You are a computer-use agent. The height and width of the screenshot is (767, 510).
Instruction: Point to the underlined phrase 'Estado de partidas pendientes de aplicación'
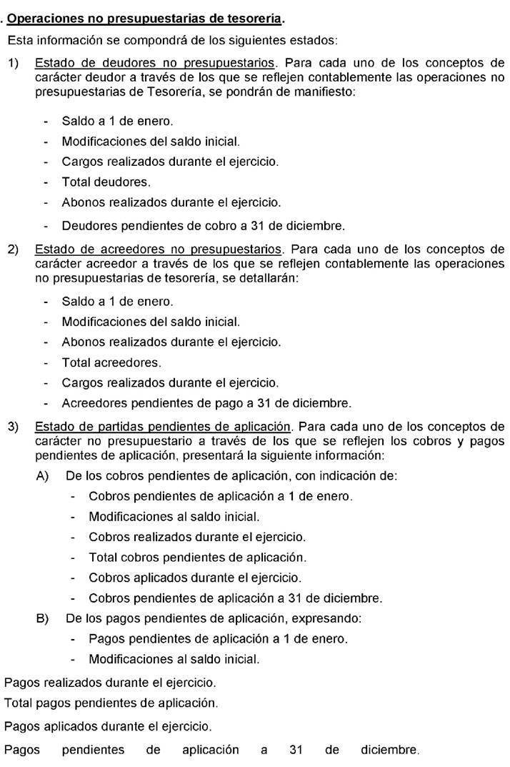(162, 427)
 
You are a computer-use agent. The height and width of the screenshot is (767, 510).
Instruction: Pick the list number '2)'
(14, 249)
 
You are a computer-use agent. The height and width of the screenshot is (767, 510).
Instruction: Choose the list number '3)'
(14, 427)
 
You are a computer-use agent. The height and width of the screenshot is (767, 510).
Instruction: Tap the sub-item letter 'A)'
(42, 475)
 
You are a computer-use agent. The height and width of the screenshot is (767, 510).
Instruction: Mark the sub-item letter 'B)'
(42, 617)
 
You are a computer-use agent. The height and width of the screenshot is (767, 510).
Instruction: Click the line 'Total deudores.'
(106, 182)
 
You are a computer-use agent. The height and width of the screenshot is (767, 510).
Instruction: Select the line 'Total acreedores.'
(111, 362)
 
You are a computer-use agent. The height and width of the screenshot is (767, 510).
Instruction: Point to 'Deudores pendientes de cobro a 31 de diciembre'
(203, 227)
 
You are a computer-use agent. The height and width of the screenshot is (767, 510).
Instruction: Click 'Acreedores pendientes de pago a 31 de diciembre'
(206, 403)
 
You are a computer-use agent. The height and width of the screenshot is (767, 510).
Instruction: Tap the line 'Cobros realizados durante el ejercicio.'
(196, 536)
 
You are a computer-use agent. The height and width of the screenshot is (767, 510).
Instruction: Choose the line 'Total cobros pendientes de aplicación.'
(197, 556)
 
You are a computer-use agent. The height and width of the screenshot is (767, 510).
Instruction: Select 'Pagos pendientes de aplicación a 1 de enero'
(218, 638)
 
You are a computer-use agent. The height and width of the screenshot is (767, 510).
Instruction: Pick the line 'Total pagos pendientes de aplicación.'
(111, 704)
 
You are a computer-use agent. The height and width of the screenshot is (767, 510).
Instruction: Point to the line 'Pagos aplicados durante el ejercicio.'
(108, 726)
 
